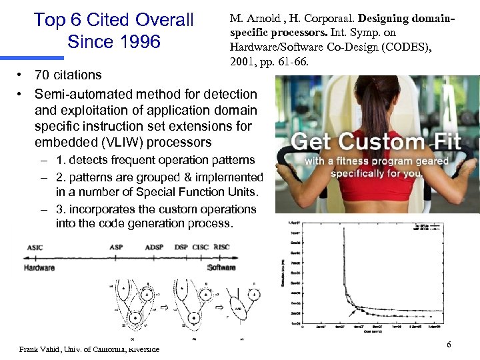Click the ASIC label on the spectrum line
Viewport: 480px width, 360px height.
[x=35, y=247]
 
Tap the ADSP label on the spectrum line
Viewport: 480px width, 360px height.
[x=154, y=247]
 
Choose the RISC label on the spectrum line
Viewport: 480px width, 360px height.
[x=221, y=247]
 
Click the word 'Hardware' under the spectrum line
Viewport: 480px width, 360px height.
[x=39, y=267]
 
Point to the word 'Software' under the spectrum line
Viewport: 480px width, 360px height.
[x=221, y=267]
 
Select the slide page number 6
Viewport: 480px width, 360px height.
[x=449, y=344]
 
